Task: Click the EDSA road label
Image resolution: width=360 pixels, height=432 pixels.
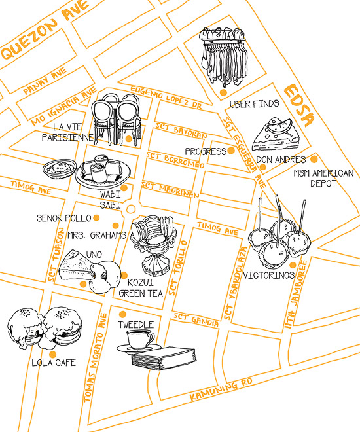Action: tap(299, 105)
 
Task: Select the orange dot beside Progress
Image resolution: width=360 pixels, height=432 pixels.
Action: tap(231, 151)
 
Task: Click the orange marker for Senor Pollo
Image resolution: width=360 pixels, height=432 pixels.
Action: tap(96, 218)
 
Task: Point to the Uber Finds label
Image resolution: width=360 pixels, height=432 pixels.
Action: tap(254, 104)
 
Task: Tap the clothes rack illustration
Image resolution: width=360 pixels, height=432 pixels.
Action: tap(223, 56)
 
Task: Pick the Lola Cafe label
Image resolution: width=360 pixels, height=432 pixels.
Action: tap(54, 363)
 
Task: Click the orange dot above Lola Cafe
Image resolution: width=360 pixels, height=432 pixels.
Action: tap(52, 355)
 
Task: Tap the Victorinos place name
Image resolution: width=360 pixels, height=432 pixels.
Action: tap(269, 275)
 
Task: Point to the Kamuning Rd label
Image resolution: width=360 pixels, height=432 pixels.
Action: tap(221, 390)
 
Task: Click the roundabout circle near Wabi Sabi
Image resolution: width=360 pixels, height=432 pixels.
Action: tap(130, 209)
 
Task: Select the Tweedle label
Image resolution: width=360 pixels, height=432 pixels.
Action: tap(136, 325)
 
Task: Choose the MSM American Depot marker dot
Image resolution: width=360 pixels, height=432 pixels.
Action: tap(314, 159)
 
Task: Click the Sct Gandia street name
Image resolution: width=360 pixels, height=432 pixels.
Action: tap(196, 319)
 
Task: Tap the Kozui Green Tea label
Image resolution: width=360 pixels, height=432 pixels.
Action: tap(141, 288)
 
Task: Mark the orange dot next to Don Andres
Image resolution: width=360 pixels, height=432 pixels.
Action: tap(262, 167)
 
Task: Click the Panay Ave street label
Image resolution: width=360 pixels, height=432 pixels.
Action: tap(45, 81)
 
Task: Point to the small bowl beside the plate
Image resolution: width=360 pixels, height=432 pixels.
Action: tap(60, 169)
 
